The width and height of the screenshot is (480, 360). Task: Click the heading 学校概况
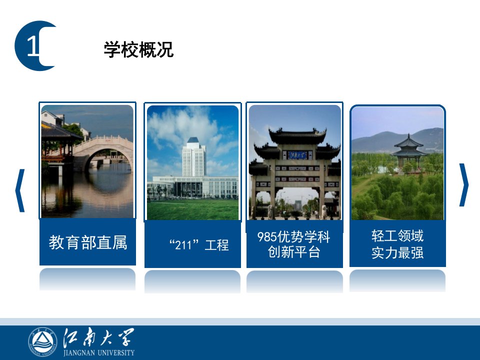pyautogui.click(x=138, y=49)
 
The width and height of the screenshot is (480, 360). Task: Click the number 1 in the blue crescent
pyautogui.click(x=33, y=46)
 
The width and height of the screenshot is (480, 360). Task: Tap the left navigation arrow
pyautogui.click(x=20, y=190)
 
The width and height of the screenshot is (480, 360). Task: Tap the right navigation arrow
pyautogui.click(x=463, y=185)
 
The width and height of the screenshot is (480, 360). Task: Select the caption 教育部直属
pyautogui.click(x=88, y=242)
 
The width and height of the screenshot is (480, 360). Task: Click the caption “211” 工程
pyautogui.click(x=199, y=245)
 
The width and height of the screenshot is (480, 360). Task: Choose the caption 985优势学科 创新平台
pyautogui.click(x=294, y=244)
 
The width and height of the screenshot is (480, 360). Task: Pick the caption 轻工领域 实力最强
pyautogui.click(x=397, y=244)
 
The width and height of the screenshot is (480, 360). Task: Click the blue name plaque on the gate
pyautogui.click(x=297, y=155)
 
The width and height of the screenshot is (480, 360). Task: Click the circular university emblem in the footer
pyautogui.click(x=42, y=342)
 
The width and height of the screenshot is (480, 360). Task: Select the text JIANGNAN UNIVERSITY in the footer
pyautogui.click(x=99, y=352)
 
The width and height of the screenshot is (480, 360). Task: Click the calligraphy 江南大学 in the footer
pyautogui.click(x=98, y=337)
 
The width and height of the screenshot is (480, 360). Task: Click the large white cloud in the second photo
pyautogui.click(x=183, y=128)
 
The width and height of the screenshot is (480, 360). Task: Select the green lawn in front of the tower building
pyautogui.click(x=193, y=209)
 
